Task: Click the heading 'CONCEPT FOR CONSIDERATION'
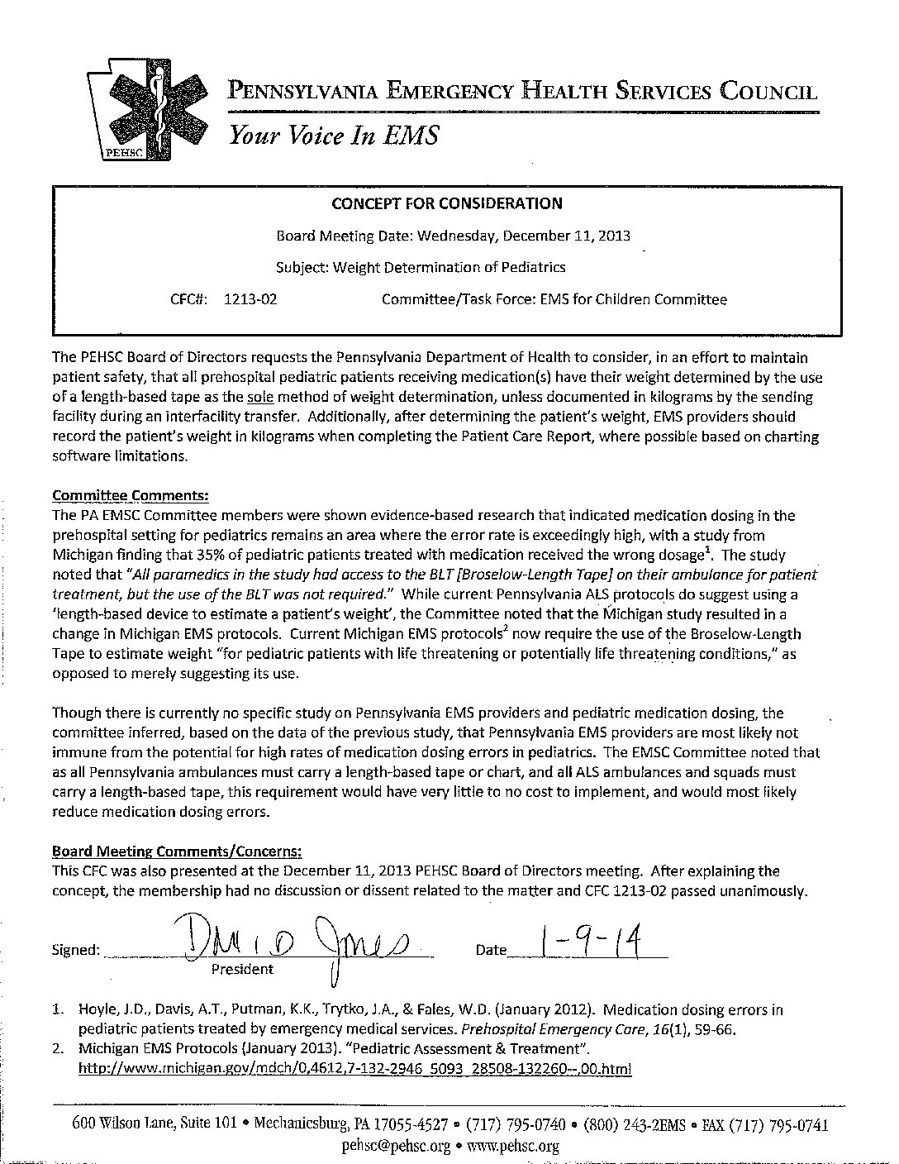pyautogui.click(x=447, y=203)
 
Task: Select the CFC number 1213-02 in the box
pyautogui.click(x=250, y=299)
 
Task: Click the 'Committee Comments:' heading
pyautogui.click(x=131, y=495)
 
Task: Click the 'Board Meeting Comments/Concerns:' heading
pyautogui.click(x=177, y=851)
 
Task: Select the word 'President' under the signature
pyautogui.click(x=242, y=969)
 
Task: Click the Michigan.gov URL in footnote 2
pyautogui.click(x=354, y=1068)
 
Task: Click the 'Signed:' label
pyautogui.click(x=76, y=950)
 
